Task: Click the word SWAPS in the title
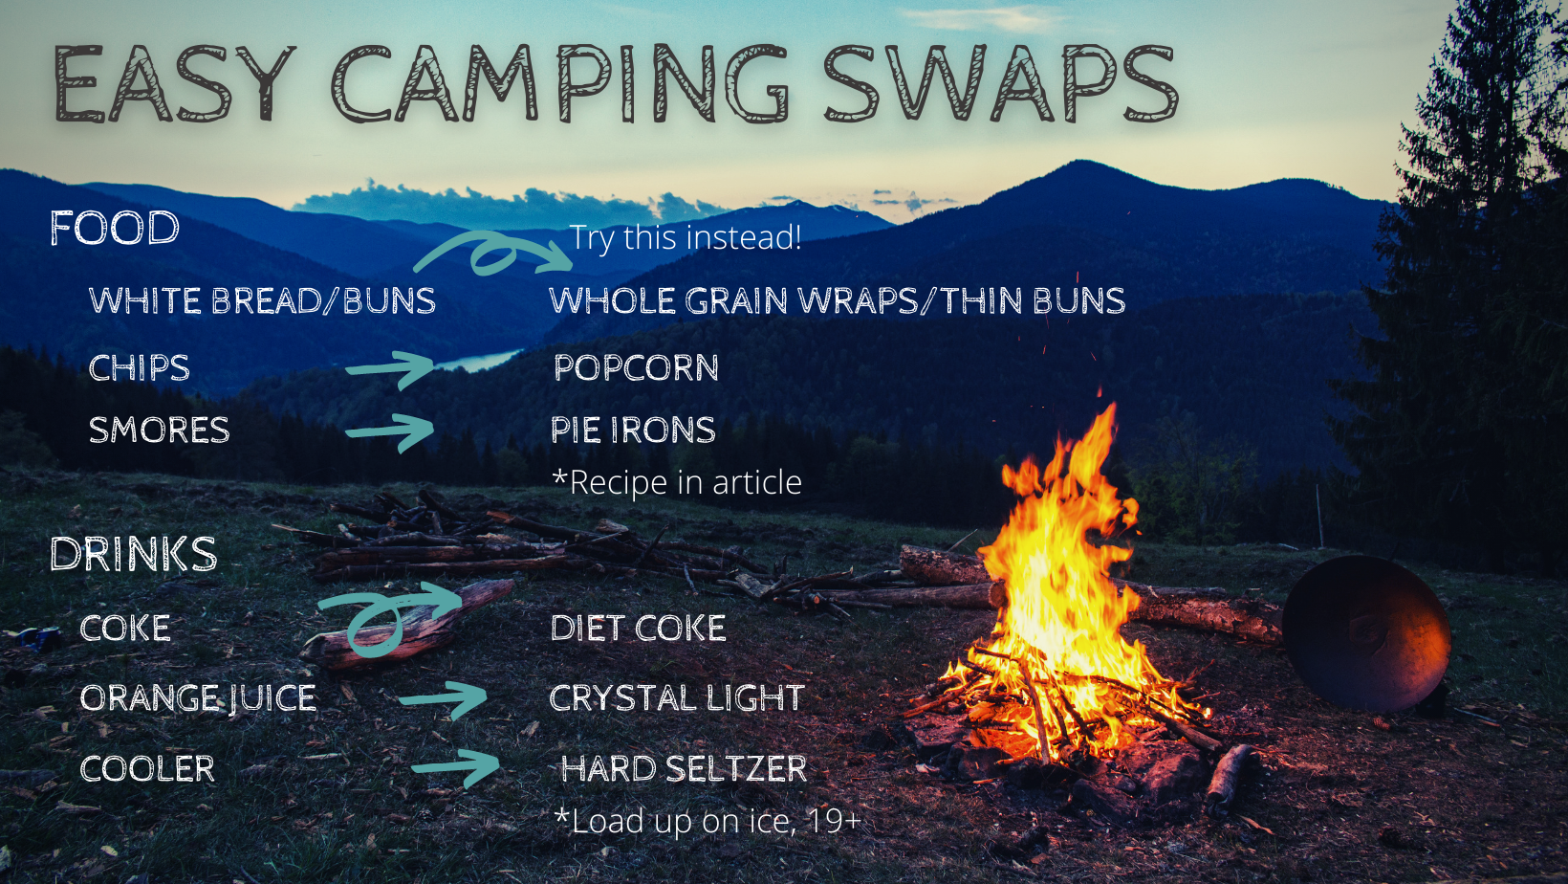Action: point(1001,82)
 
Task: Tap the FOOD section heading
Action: point(115,228)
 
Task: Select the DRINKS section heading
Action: point(133,553)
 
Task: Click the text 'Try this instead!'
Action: point(686,237)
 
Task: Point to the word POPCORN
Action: point(637,367)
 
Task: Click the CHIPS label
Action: point(140,367)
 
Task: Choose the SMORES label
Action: point(159,431)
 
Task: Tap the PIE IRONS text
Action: point(633,431)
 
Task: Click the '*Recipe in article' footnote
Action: point(677,482)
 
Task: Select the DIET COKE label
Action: point(638,628)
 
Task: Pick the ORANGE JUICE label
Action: point(198,698)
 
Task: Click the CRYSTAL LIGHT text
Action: point(677,697)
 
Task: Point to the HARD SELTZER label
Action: point(684,768)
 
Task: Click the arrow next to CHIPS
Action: point(391,368)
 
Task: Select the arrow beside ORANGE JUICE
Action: point(444,698)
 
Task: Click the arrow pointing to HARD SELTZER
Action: point(456,767)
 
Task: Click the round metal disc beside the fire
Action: point(1365,632)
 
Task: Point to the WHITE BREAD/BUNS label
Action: point(263,300)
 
